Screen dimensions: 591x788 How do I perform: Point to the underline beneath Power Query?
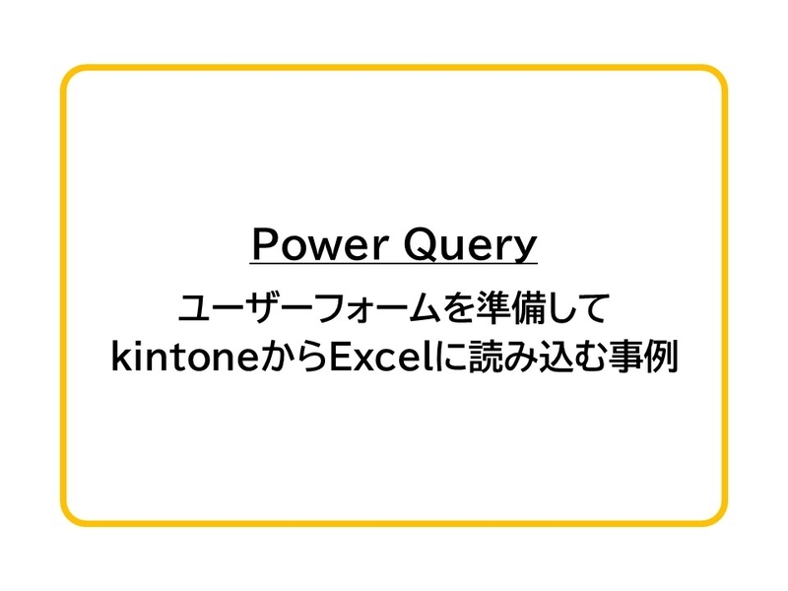[x=394, y=264]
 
